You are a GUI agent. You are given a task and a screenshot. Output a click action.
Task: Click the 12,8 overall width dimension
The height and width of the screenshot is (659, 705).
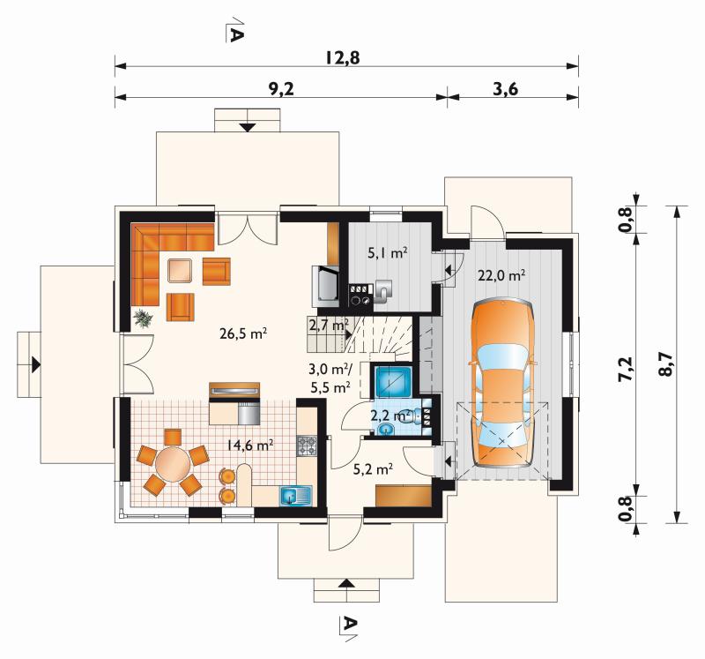[343, 58]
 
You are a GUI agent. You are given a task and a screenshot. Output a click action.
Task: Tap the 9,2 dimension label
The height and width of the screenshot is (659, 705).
[281, 89]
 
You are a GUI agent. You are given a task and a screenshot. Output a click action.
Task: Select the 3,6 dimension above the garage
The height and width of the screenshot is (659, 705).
[505, 89]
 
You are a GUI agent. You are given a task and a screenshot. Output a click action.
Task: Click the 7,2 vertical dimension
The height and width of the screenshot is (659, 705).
[625, 369]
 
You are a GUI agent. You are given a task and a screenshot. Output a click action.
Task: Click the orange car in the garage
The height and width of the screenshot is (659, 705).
[502, 383]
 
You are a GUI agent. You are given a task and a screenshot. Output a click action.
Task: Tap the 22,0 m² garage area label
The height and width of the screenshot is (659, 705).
[501, 275]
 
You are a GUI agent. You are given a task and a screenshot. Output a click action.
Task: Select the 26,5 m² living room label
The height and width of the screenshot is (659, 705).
[244, 333]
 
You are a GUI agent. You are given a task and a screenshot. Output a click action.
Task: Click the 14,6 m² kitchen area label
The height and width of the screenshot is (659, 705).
[250, 446]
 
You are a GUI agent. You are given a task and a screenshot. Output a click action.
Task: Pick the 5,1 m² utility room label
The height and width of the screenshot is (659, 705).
[388, 252]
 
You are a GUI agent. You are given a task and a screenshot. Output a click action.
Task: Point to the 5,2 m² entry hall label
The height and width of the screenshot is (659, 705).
[373, 469]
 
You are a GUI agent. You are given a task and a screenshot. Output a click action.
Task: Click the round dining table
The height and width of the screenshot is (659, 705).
[173, 464]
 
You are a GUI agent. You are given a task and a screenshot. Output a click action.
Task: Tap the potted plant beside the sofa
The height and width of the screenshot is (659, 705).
[143, 318]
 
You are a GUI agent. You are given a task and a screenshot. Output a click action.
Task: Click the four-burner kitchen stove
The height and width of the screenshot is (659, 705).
[307, 446]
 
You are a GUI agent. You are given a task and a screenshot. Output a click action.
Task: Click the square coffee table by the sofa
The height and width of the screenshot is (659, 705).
[181, 270]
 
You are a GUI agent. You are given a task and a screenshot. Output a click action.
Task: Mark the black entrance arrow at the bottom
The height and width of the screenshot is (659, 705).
[345, 583]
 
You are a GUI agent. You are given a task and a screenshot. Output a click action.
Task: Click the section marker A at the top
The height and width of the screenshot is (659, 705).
[234, 31]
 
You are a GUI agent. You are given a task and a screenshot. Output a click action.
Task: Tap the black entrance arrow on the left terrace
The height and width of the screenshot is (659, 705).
[36, 364]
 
